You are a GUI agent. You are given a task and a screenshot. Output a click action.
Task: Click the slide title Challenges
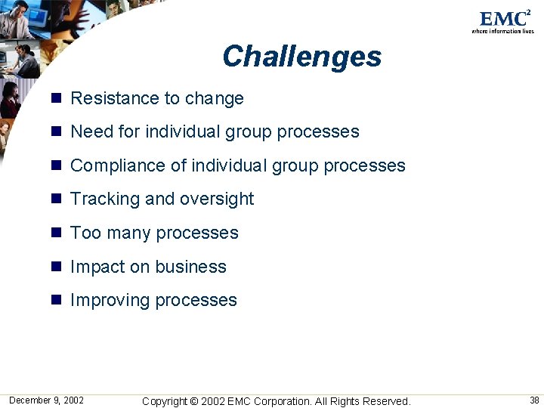(x=301, y=57)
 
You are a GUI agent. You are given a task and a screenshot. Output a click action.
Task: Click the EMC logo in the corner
(x=502, y=21)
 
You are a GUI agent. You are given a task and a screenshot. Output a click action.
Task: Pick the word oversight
(x=217, y=199)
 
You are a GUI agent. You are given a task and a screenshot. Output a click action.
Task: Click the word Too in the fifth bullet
(x=85, y=233)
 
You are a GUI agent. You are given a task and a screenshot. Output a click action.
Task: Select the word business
(x=191, y=267)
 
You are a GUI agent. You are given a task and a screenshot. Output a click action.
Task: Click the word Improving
(x=110, y=300)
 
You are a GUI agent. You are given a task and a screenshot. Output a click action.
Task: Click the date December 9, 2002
(x=46, y=400)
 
